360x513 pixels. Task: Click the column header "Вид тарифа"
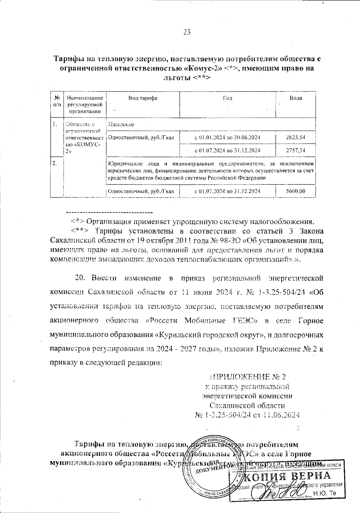click(x=143, y=98)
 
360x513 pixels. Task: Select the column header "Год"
click(x=227, y=98)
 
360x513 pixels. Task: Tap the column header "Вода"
click(x=295, y=98)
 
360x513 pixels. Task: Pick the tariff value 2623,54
click(x=295, y=137)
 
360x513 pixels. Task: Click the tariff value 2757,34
click(x=295, y=150)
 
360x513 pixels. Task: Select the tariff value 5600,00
click(x=295, y=191)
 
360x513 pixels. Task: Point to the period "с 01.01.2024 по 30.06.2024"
click(x=227, y=137)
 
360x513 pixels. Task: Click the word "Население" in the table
click(x=121, y=124)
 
